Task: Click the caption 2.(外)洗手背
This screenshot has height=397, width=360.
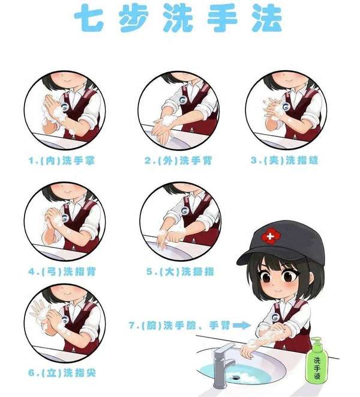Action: pos(178,161)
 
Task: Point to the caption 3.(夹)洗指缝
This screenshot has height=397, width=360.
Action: pos(284,160)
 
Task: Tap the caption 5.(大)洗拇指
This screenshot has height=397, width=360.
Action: pos(179,271)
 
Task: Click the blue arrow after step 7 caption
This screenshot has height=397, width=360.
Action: pos(242,325)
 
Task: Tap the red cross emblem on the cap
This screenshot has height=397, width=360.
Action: pos(270,237)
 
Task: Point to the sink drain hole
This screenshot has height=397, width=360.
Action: pos(236,377)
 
